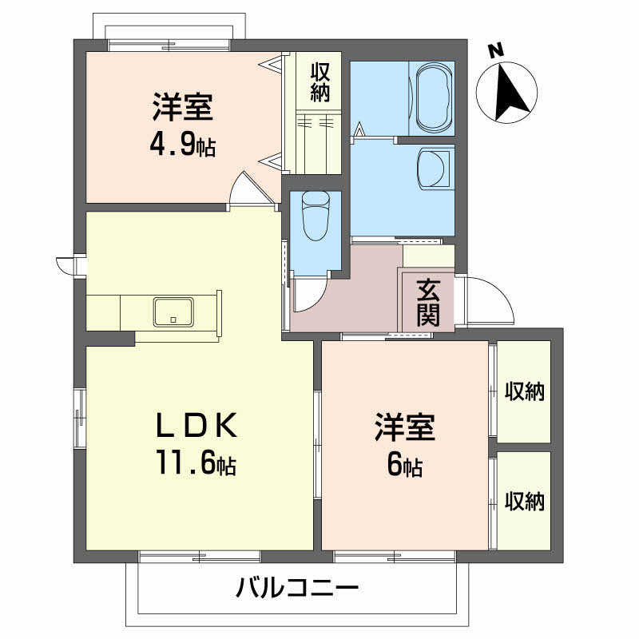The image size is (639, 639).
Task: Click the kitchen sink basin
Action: tap(173, 311)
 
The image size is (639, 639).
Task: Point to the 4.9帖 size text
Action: tap(182, 146)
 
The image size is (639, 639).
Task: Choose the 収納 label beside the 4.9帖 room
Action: tap(320, 81)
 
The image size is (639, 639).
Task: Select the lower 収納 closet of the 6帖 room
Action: tap(524, 501)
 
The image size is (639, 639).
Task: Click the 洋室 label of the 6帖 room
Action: tap(404, 428)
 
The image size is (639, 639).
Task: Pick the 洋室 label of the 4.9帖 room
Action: tap(182, 108)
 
